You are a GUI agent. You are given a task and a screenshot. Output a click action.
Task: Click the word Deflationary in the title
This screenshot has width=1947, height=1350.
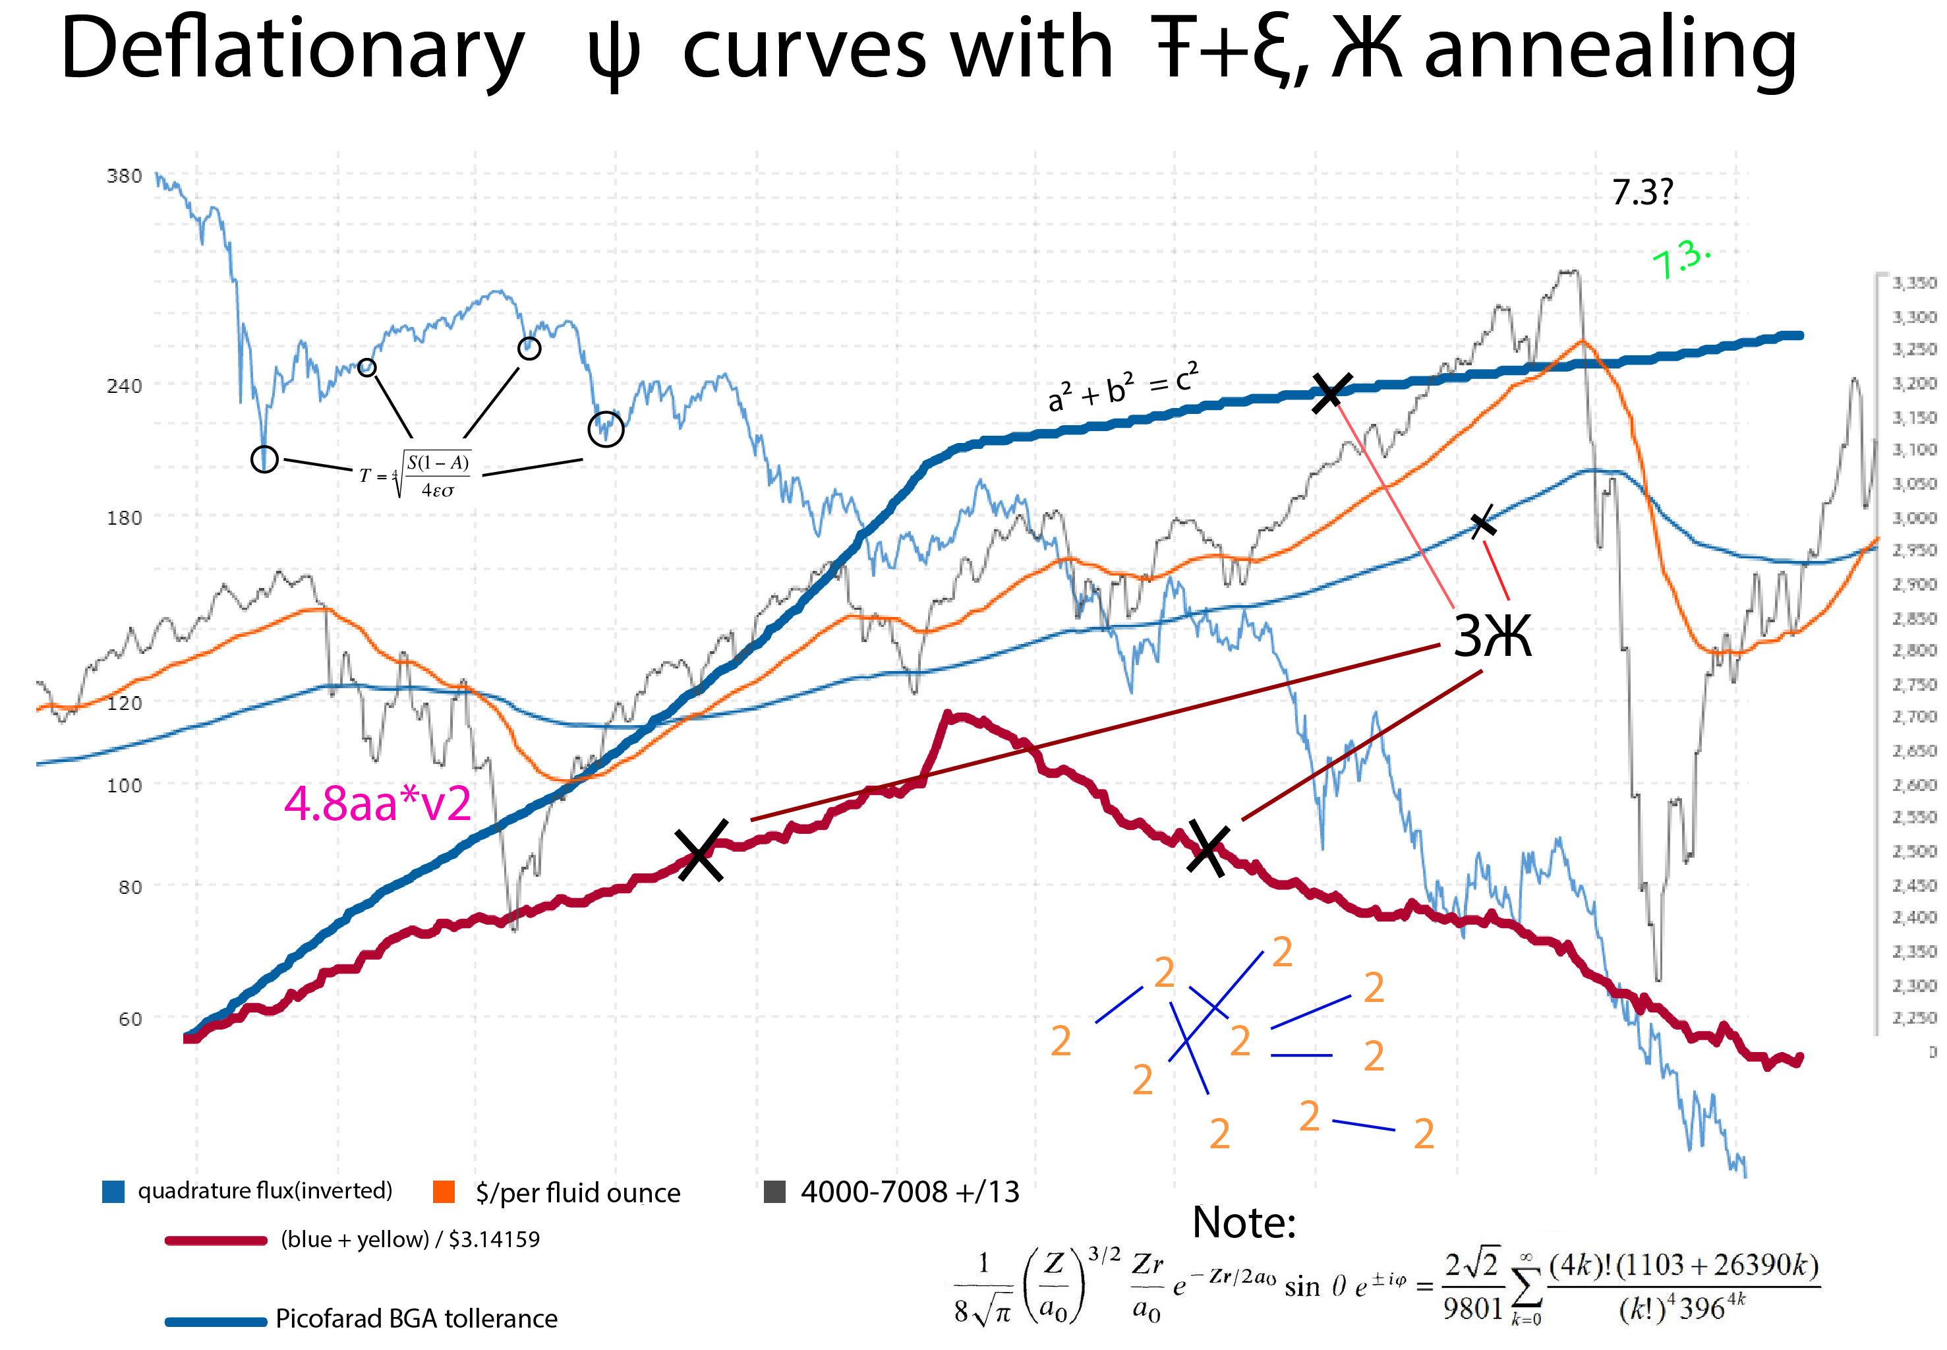(x=292, y=51)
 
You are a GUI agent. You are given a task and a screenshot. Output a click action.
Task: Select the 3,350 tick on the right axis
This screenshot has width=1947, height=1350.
(x=1913, y=283)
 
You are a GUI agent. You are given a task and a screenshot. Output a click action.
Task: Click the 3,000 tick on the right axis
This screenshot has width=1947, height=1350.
(x=1913, y=517)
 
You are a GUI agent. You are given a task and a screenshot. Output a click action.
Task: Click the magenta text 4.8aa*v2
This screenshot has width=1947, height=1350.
(x=377, y=803)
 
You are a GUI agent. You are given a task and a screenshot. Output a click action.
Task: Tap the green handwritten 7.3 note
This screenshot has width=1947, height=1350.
(x=1679, y=258)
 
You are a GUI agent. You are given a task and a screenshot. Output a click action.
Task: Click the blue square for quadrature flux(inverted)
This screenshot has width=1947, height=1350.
(x=113, y=1191)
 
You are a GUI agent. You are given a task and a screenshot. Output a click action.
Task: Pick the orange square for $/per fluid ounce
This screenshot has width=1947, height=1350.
(x=443, y=1191)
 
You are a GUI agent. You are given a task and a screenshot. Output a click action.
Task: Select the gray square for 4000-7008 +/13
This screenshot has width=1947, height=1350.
(x=774, y=1191)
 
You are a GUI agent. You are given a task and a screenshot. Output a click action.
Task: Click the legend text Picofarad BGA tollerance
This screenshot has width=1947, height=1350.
(x=416, y=1318)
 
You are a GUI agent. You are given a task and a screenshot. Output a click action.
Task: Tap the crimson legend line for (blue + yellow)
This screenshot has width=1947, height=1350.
(x=216, y=1240)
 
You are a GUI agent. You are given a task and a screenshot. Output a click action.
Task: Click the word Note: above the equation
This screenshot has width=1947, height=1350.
(x=1243, y=1222)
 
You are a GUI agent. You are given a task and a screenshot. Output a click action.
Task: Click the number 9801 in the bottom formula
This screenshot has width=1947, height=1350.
(x=1472, y=1308)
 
